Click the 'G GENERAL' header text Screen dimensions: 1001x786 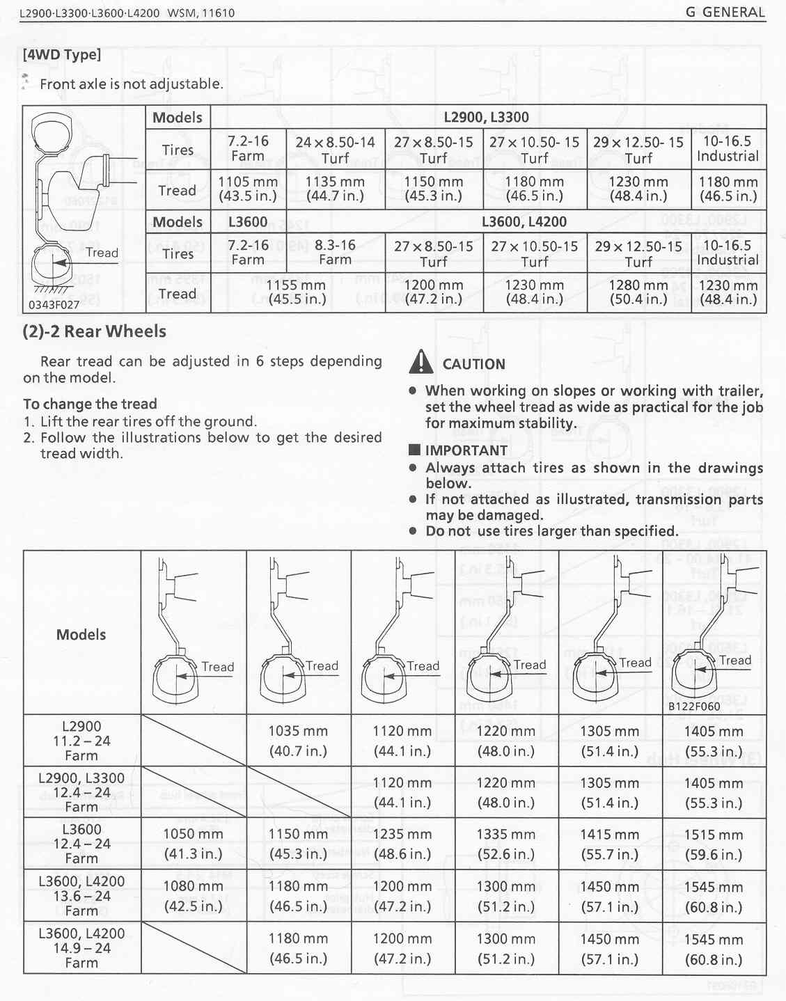click(x=725, y=13)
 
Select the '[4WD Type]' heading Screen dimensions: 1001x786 click(x=62, y=54)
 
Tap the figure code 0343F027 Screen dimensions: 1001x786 click(x=54, y=305)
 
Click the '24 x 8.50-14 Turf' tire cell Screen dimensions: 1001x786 click(x=335, y=150)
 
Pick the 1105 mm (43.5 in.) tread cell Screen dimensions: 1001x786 click(x=248, y=189)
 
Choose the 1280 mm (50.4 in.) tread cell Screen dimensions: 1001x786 click(x=638, y=292)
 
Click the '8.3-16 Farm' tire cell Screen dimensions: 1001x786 click(x=335, y=253)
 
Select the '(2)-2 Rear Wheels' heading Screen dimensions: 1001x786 click(x=95, y=331)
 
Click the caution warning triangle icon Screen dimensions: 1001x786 click(x=422, y=362)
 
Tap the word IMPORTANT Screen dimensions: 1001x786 click(x=466, y=450)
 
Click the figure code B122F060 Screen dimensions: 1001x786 click(x=694, y=706)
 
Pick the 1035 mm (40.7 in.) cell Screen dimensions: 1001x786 click(x=298, y=741)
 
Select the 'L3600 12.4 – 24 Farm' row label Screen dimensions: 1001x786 click(x=81, y=843)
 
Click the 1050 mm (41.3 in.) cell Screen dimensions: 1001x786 click(x=193, y=844)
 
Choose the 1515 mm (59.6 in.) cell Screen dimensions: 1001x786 click(x=713, y=844)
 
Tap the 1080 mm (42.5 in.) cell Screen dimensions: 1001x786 click(x=193, y=897)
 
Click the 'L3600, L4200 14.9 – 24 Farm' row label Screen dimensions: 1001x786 click(x=81, y=947)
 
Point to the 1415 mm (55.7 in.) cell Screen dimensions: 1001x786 click(x=609, y=844)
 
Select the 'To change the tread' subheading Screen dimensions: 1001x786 click(x=90, y=404)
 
